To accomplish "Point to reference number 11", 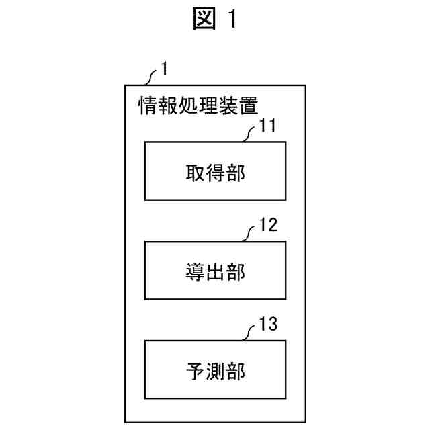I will [268, 126].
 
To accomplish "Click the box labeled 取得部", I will [215, 171].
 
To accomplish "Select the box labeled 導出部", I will [215, 270].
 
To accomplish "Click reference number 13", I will [268, 326].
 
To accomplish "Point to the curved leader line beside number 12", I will [250, 234].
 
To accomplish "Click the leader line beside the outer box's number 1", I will [150, 77].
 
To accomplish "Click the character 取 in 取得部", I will [195, 171].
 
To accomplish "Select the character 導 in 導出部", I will [195, 271].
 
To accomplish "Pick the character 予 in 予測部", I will [195, 370].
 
